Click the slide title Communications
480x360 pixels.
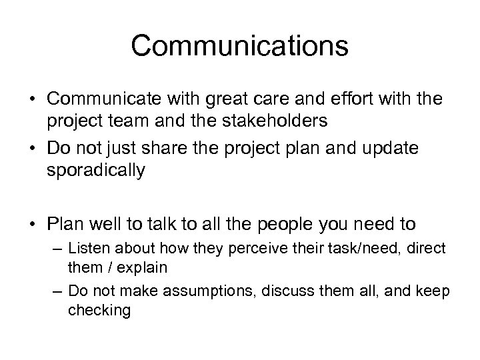(x=239, y=46)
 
